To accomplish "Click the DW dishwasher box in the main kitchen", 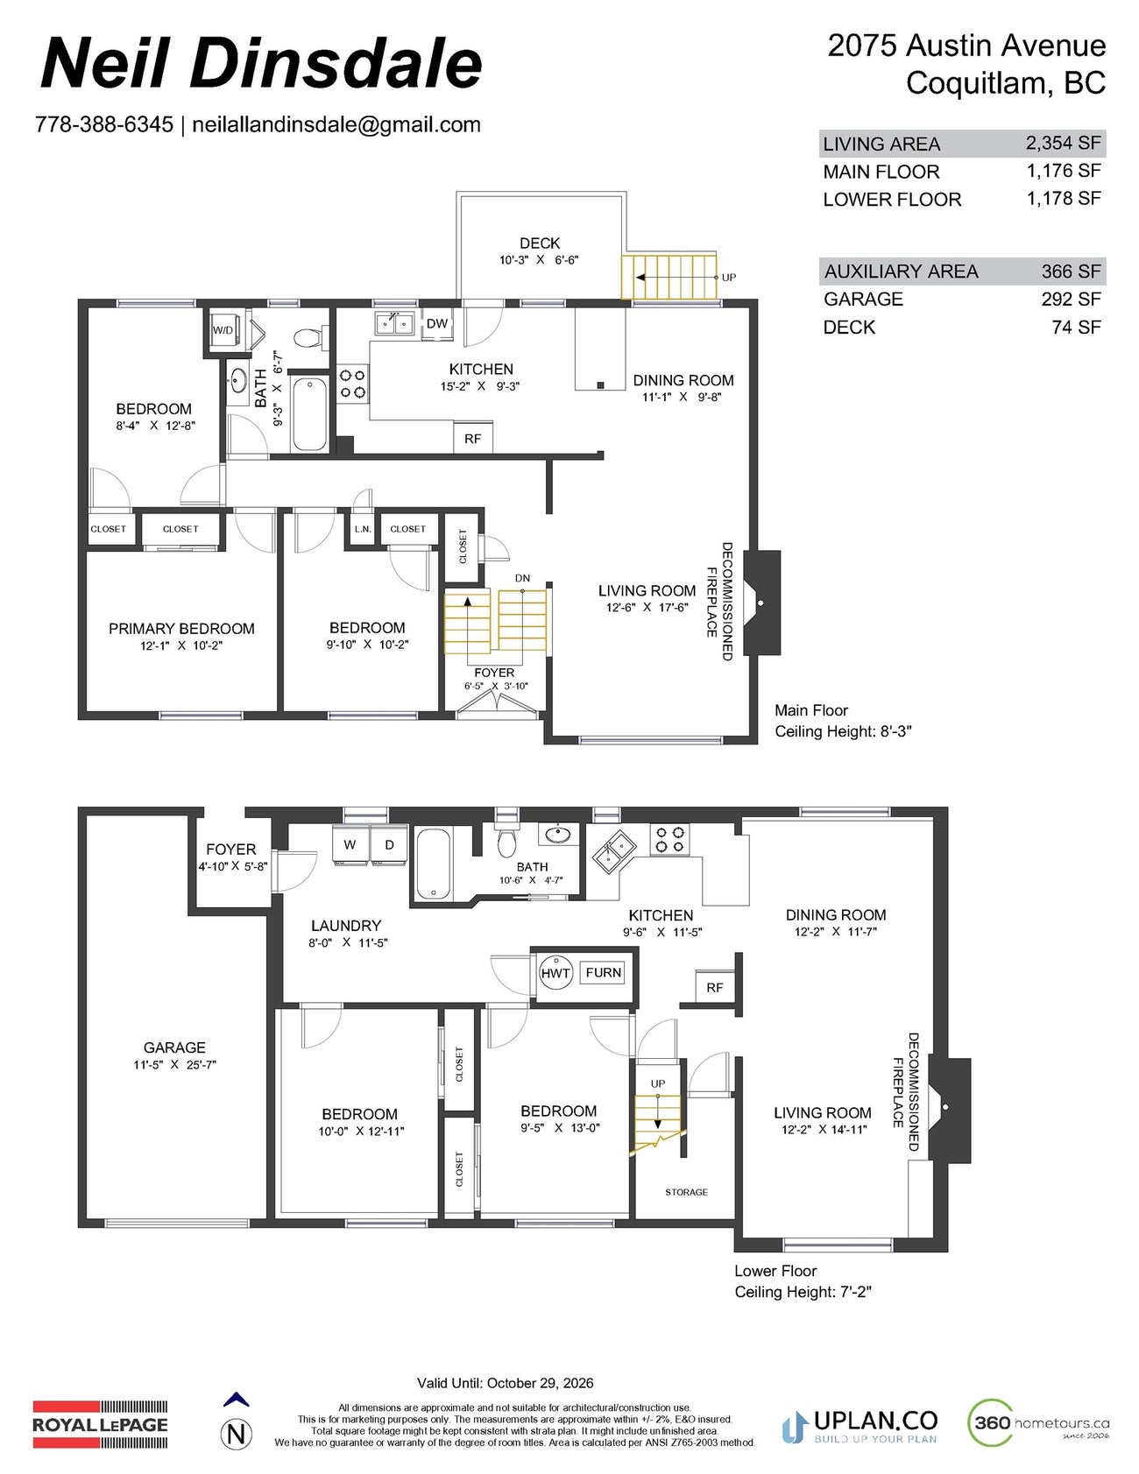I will coord(437,324).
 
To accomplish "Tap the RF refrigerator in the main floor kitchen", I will coord(472,438).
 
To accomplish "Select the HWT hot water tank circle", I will coord(555,973).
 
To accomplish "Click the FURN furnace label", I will coord(603,972).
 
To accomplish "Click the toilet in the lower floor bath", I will coord(506,843).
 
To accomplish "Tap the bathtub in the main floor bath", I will coord(308,413).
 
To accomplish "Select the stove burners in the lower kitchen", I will coord(670,840).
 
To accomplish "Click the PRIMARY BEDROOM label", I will coord(181,629).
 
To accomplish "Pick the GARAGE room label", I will coord(174,1047).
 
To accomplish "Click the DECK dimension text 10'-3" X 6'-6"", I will coord(539,260).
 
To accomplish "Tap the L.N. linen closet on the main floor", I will coord(363,529).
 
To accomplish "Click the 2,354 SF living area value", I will coord(1064,143).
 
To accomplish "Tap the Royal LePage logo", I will coord(100,1423).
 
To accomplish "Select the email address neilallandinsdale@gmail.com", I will coord(336,124).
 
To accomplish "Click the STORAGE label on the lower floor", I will coord(686,1192).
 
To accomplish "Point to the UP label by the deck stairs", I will coord(729,278).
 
